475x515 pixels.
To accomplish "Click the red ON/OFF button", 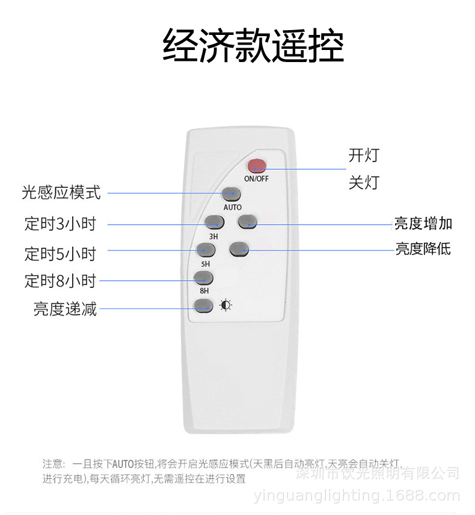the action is coord(257,166).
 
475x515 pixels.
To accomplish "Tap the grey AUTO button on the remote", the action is coord(231,194).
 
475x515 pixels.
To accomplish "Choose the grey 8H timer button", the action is coord(204,278).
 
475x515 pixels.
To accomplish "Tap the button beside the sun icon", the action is coord(203,305).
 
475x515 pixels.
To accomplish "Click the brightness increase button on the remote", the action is coord(247,222).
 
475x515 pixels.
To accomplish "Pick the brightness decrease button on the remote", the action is coord(239,248).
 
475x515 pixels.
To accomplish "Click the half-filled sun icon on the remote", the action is coord(225,305).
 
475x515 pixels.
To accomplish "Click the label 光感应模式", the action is coord(61,193).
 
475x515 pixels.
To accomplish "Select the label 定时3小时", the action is coord(60,224).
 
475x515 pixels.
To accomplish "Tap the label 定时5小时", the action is coord(60,254).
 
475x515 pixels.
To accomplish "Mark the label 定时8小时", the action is coord(60,281).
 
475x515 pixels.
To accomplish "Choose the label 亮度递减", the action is coord(65,310).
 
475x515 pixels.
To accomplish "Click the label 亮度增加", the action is coord(423,223).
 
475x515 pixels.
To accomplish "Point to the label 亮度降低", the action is coord(423,248).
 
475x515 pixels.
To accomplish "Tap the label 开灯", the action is coord(364,155).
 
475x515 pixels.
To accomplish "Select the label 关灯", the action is coord(364,183).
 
